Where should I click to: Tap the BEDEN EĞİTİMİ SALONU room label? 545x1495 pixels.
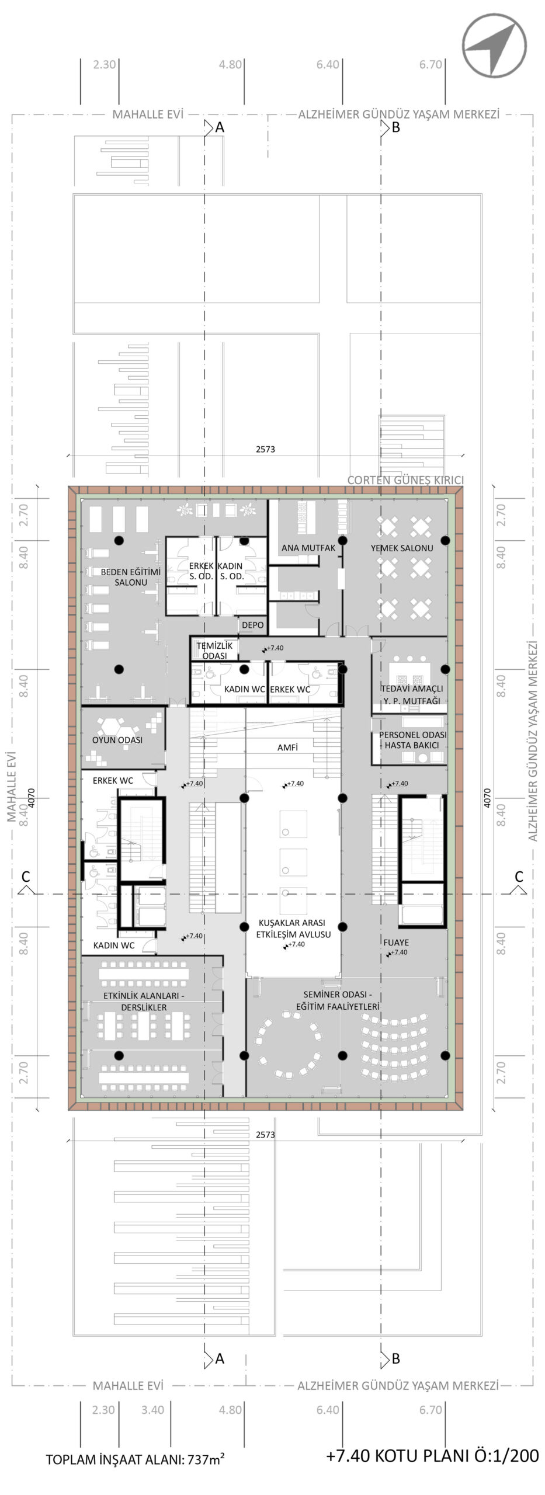[131, 577]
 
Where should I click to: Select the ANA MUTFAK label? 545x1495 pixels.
[308, 548]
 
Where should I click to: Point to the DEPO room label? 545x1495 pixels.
[253, 625]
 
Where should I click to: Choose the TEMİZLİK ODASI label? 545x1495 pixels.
[214, 651]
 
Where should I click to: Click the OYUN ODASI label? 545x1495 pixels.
[117, 740]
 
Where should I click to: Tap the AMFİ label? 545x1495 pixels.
[287, 747]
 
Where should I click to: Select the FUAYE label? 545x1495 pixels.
[396, 942]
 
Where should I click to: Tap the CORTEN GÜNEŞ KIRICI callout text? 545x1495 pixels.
[405, 480]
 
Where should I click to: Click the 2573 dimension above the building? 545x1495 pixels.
[265, 449]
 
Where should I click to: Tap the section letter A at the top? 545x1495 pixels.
[220, 127]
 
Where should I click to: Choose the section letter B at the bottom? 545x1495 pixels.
[395, 1358]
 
